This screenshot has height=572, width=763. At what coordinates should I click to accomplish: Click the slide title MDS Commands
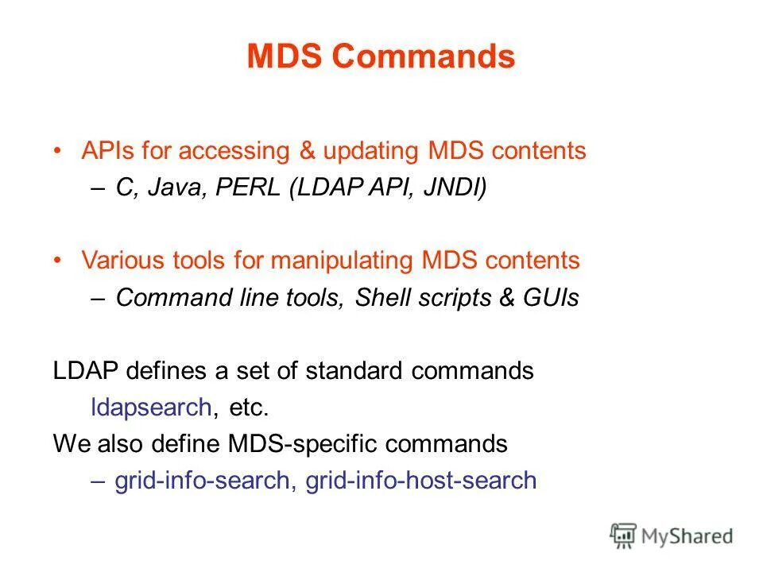(x=381, y=57)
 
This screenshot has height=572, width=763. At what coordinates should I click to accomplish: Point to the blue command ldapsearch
(x=151, y=408)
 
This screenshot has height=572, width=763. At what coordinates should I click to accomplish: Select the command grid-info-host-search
(x=420, y=481)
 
